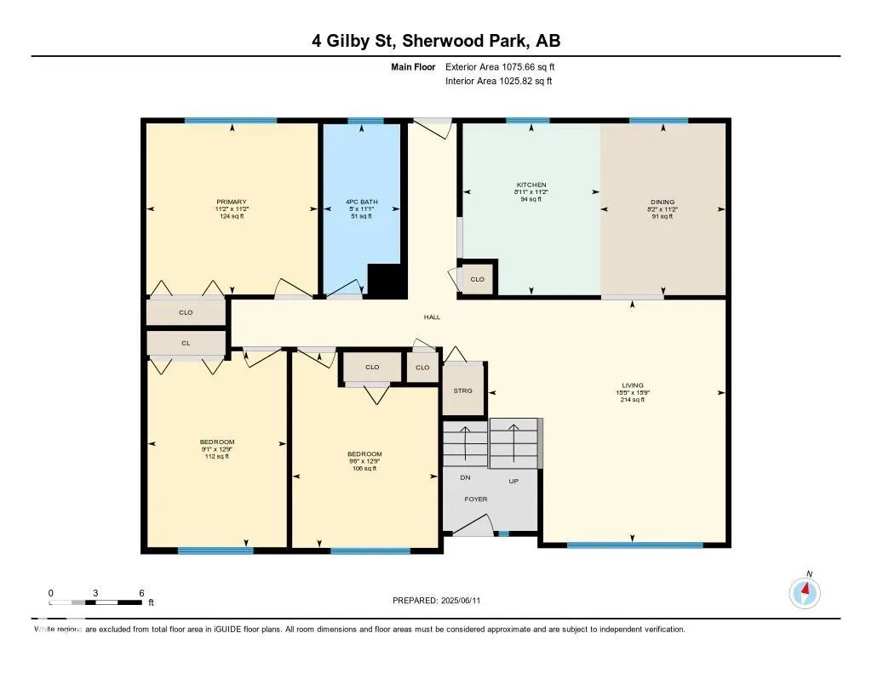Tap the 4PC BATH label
(x=361, y=202)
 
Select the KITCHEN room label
(x=531, y=185)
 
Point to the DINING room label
(x=662, y=202)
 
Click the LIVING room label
(x=632, y=385)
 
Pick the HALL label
(x=433, y=317)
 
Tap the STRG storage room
(x=462, y=391)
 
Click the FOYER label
(x=476, y=499)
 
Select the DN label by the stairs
(x=465, y=478)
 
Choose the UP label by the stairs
(x=513, y=481)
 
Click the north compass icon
(x=805, y=591)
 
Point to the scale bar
(x=95, y=602)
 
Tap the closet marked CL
(x=186, y=343)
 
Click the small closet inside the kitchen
(x=477, y=279)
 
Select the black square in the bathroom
(x=385, y=281)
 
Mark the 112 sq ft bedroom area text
(x=217, y=456)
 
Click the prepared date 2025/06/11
(x=465, y=601)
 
